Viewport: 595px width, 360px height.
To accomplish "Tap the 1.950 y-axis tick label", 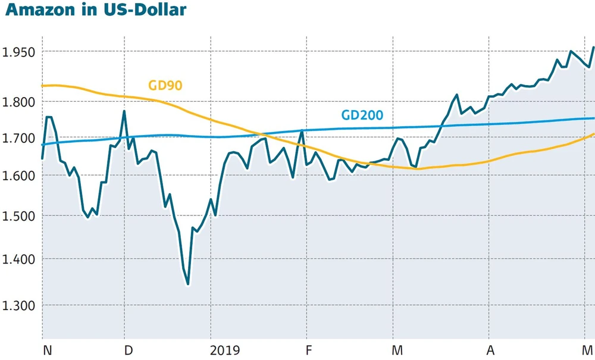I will point(19,52).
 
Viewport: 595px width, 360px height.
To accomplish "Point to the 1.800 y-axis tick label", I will point(19,102).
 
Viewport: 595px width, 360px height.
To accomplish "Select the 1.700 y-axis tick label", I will point(19,139).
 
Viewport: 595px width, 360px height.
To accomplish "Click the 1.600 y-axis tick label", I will point(19,176).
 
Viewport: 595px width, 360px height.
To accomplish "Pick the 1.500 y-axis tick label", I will point(19,216).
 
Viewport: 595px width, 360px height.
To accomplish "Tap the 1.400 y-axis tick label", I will point(19,259).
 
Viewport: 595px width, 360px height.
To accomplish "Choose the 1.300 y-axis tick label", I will point(19,305).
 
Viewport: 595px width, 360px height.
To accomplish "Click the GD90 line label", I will point(165,86).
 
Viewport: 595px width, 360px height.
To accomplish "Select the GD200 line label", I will point(362,115).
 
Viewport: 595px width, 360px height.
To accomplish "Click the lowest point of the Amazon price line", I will point(188,284).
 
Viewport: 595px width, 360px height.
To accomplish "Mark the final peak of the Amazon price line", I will point(593,47).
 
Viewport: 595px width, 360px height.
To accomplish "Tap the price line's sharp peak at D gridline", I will point(124,111).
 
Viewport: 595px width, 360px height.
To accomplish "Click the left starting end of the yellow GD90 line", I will point(42,86).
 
